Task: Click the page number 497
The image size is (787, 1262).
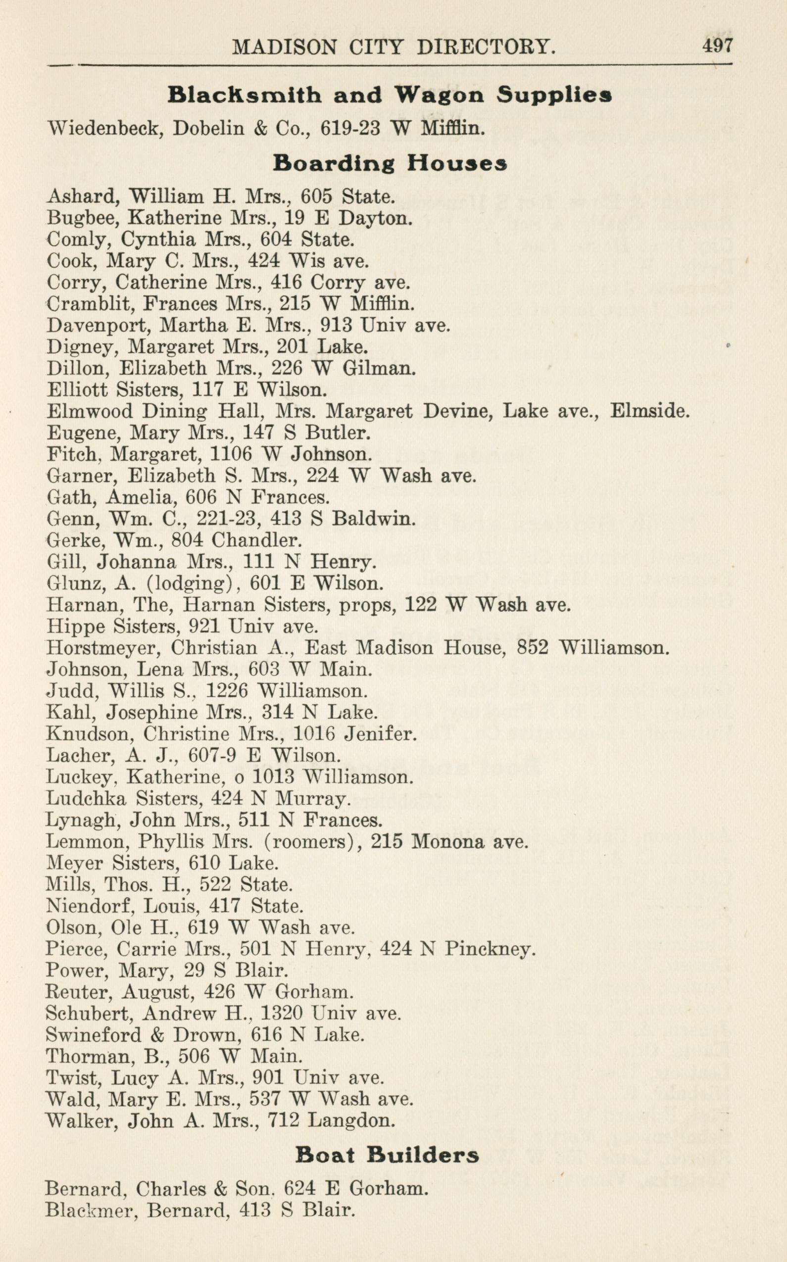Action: [717, 46]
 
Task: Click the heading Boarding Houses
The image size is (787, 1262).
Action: [390, 163]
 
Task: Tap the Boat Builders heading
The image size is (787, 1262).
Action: [387, 1155]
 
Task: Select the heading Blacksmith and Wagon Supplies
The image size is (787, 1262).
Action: [390, 95]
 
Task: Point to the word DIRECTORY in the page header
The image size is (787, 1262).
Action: [486, 48]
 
